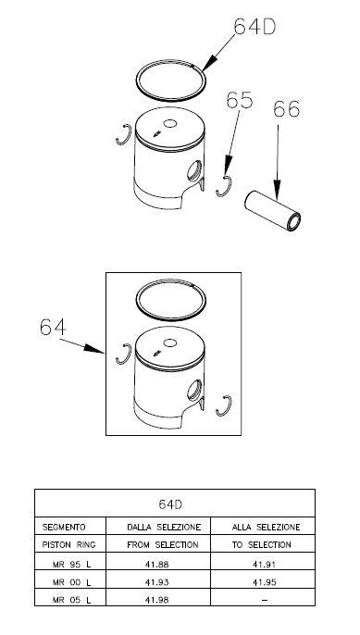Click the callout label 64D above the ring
(254, 27)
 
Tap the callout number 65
(240, 100)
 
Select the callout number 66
(286, 108)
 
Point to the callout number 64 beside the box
(53, 328)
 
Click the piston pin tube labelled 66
(272, 211)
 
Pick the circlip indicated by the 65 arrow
(224, 187)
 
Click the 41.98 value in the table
(156, 600)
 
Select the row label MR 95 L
(71, 564)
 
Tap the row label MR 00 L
(71, 582)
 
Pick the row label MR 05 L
(71, 600)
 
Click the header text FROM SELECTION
(163, 544)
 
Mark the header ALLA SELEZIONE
(266, 527)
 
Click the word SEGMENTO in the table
(64, 527)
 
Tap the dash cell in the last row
(265, 600)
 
